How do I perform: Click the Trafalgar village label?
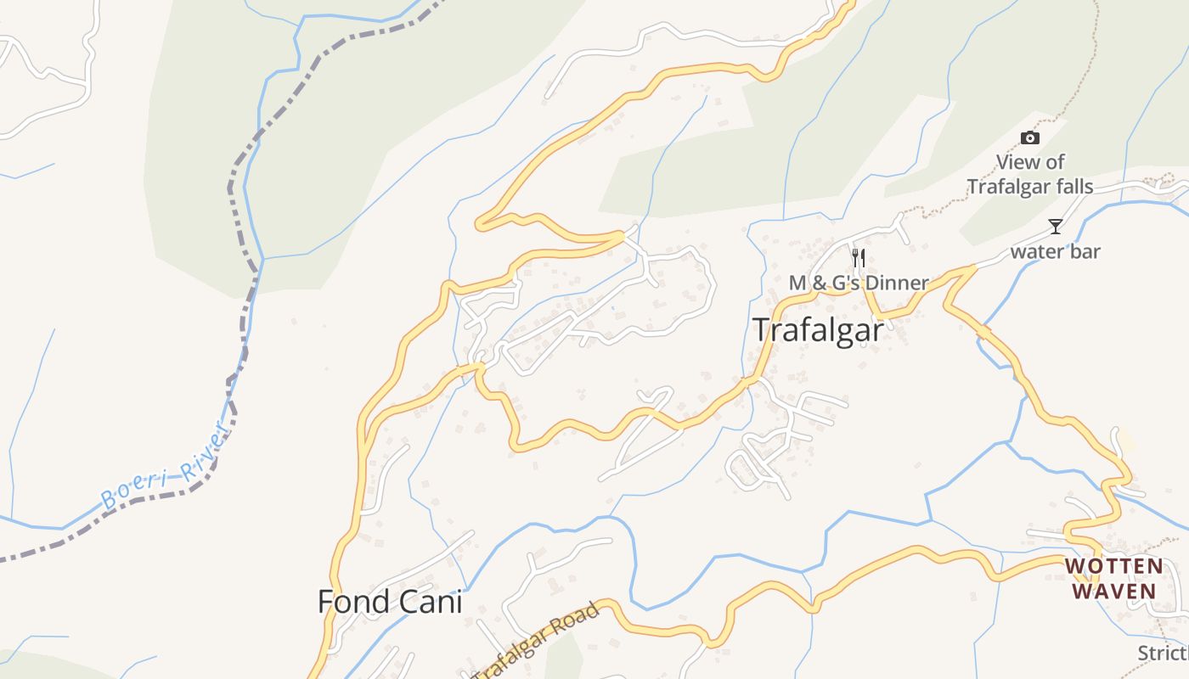818,330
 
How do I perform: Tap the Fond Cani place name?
390,602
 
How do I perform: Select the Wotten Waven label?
1113,578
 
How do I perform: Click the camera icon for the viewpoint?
1029,137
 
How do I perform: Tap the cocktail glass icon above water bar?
1055,227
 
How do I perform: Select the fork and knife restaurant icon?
859,257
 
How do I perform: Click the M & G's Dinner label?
859,283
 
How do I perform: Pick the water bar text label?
1055,251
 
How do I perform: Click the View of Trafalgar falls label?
1030,174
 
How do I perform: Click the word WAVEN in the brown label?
1113,591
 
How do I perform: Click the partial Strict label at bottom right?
1163,653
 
